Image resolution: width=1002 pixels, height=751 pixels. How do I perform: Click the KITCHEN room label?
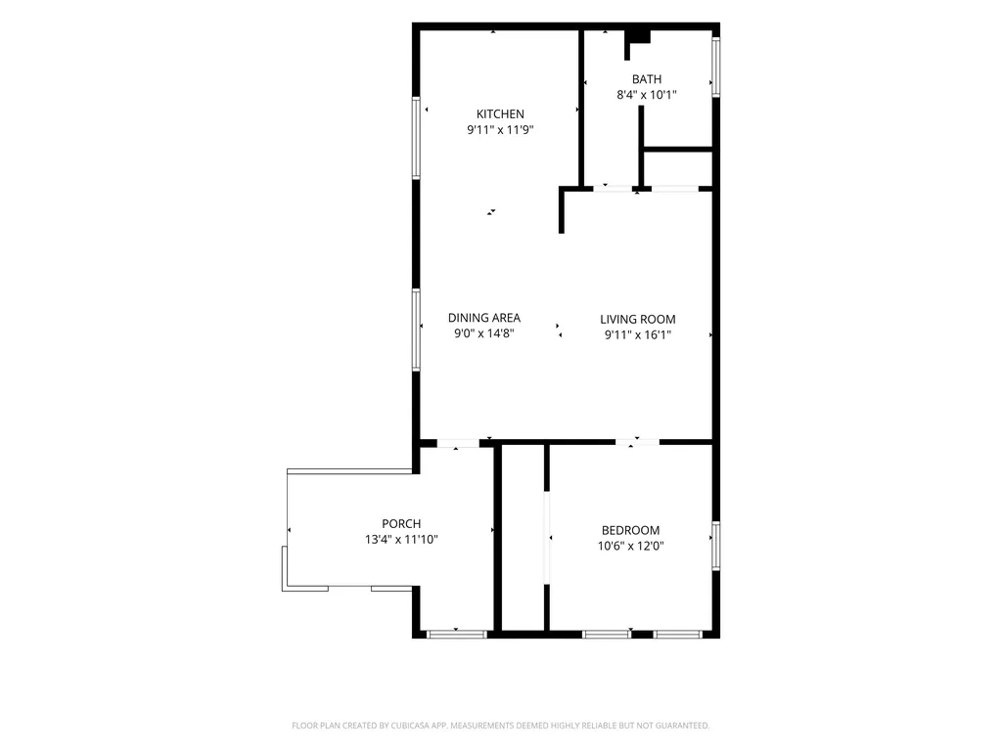[x=500, y=114]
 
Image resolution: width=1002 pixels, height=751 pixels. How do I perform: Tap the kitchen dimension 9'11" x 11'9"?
[x=500, y=130]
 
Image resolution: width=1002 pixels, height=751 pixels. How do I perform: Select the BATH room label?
[x=646, y=79]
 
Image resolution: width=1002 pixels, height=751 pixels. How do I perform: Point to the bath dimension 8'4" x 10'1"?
[x=646, y=95]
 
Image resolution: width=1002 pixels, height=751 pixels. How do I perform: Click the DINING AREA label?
[x=483, y=318]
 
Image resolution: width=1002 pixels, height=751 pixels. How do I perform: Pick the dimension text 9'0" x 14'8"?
[x=483, y=332]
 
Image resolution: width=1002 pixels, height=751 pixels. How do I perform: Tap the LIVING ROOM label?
[x=637, y=320]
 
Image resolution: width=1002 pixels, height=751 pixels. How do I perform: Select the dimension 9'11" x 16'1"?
[x=637, y=334]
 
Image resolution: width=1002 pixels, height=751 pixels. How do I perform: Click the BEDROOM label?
[x=630, y=530]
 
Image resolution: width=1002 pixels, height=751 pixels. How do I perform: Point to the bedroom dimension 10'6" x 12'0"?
[x=630, y=546]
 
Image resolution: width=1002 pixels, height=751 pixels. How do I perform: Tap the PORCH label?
[x=401, y=524]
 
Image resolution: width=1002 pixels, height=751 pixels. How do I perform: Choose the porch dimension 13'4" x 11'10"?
[x=401, y=539]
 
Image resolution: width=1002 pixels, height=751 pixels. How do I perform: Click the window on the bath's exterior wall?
[x=715, y=67]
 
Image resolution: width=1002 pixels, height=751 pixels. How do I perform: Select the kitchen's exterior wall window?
[x=416, y=138]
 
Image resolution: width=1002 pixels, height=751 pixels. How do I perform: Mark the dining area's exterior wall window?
[x=416, y=331]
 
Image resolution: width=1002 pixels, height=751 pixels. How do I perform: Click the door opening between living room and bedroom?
[x=637, y=442]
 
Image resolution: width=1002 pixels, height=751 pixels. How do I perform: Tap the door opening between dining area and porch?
[x=458, y=443]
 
